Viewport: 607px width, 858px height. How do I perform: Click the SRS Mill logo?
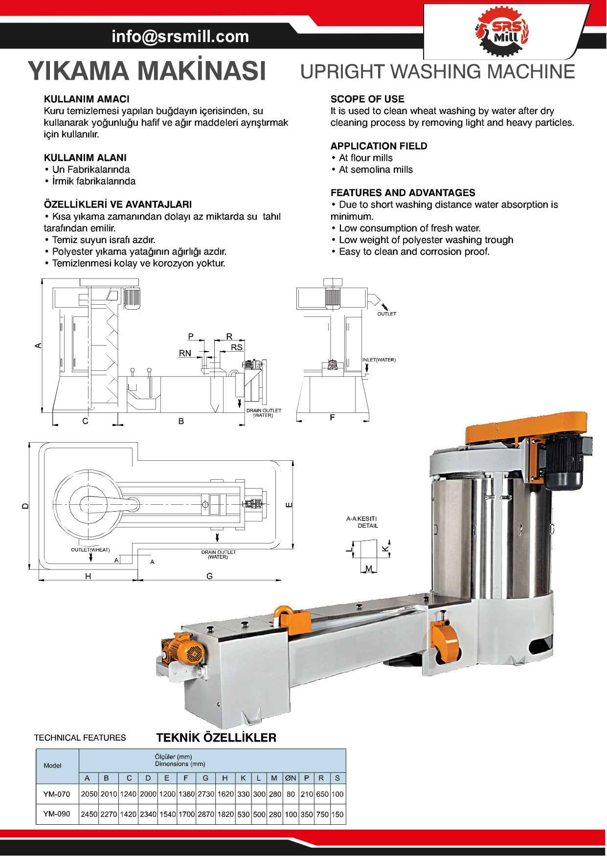pyautogui.click(x=502, y=31)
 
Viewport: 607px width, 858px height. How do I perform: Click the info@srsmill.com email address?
pyautogui.click(x=180, y=36)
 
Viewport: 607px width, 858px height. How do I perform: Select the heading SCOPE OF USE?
pyautogui.click(x=367, y=99)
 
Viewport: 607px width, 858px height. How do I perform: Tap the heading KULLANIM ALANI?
pyautogui.click(x=85, y=158)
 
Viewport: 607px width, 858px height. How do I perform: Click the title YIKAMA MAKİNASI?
pyautogui.click(x=147, y=71)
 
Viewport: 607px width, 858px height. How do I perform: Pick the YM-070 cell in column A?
pyautogui.click(x=89, y=794)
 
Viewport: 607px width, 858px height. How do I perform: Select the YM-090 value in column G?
pyautogui.click(x=206, y=814)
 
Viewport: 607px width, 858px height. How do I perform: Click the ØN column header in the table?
pyautogui.click(x=291, y=778)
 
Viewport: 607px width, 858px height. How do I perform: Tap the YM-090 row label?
pyautogui.click(x=57, y=814)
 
